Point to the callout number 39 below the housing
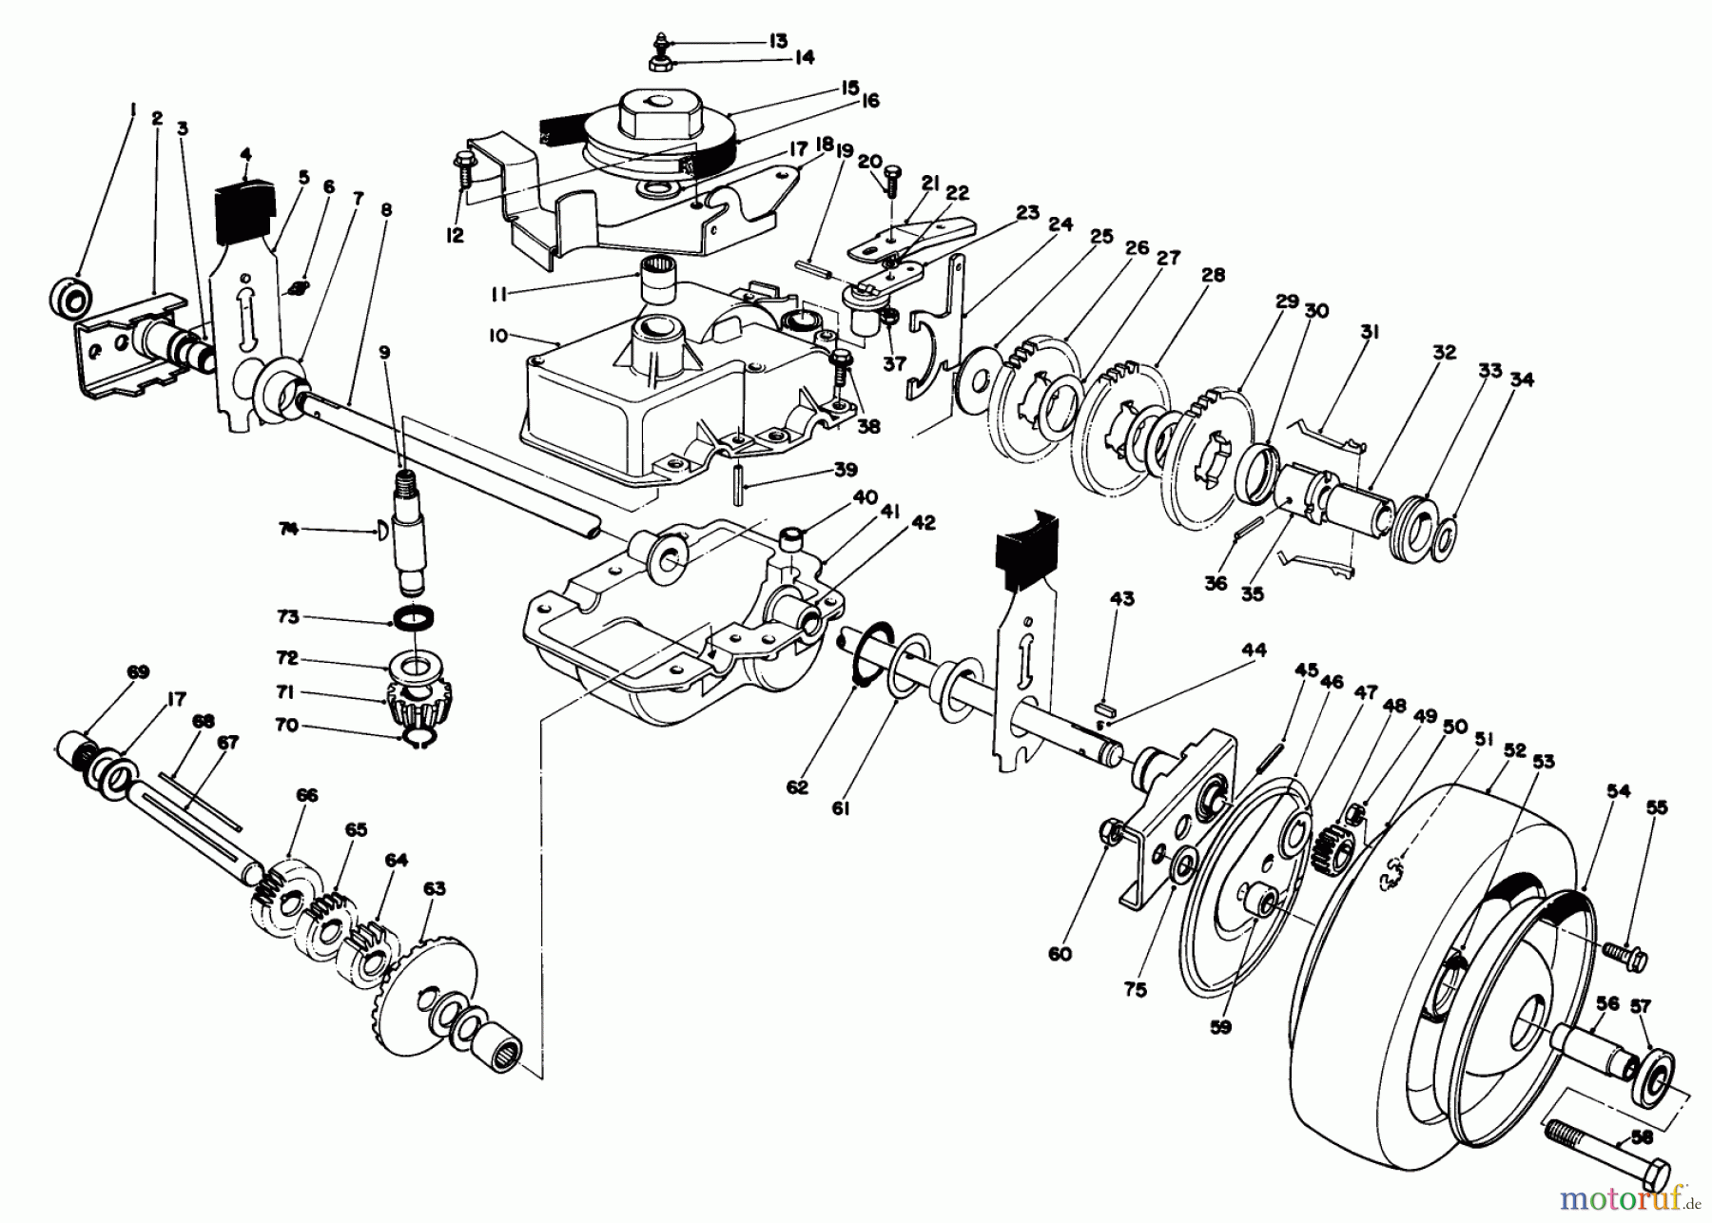coord(844,469)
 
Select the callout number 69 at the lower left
coord(138,672)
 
